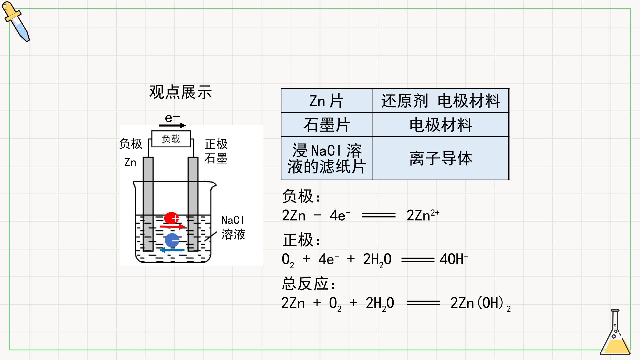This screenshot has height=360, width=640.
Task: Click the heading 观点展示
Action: point(180,92)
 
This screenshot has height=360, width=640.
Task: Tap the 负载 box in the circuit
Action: point(171,139)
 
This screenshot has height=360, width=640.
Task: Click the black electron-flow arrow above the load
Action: point(172,125)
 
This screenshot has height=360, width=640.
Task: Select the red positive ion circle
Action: point(171,218)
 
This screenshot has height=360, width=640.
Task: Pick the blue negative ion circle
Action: point(172,240)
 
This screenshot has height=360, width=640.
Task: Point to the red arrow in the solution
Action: point(172,227)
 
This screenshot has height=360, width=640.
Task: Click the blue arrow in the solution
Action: point(172,250)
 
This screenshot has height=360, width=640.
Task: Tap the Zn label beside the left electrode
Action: point(130,162)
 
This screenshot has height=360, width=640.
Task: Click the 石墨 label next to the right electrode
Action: point(216,158)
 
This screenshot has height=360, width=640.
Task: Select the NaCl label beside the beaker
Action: point(233,220)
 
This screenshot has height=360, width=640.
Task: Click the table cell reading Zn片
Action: point(327,101)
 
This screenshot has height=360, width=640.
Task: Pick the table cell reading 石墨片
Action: point(327,125)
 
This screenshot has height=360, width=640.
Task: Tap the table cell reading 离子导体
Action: point(441,158)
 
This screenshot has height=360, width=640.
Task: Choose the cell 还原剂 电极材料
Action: point(441,101)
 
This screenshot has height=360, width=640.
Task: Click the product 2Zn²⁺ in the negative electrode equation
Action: point(423,215)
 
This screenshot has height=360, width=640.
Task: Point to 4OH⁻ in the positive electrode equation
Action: point(454,259)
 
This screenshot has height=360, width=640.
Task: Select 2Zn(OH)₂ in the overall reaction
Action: point(480,303)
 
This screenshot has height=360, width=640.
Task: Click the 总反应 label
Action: point(309,284)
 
